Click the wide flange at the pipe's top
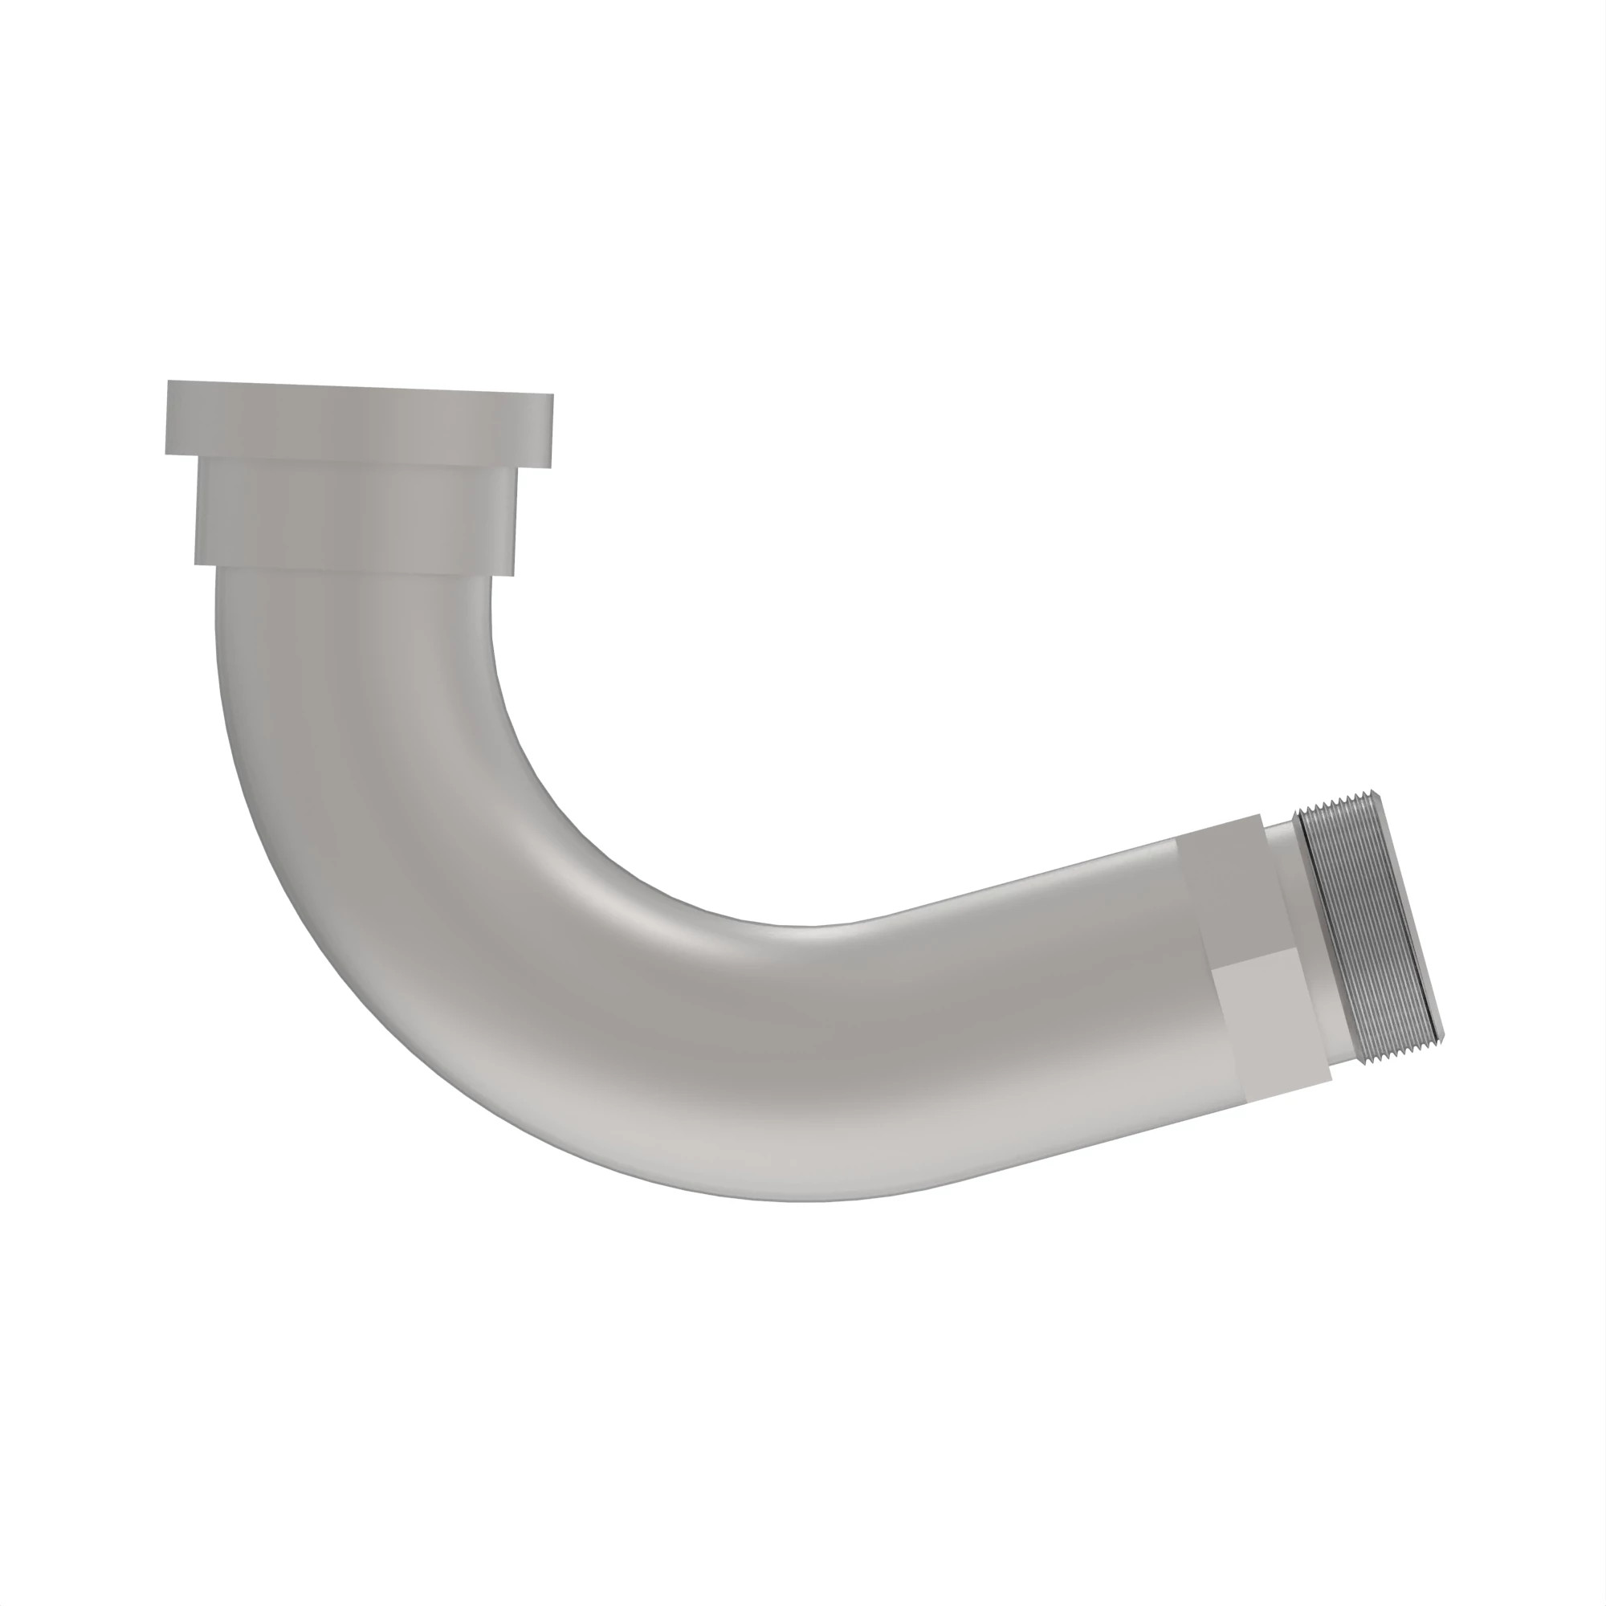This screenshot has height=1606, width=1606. (359, 422)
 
